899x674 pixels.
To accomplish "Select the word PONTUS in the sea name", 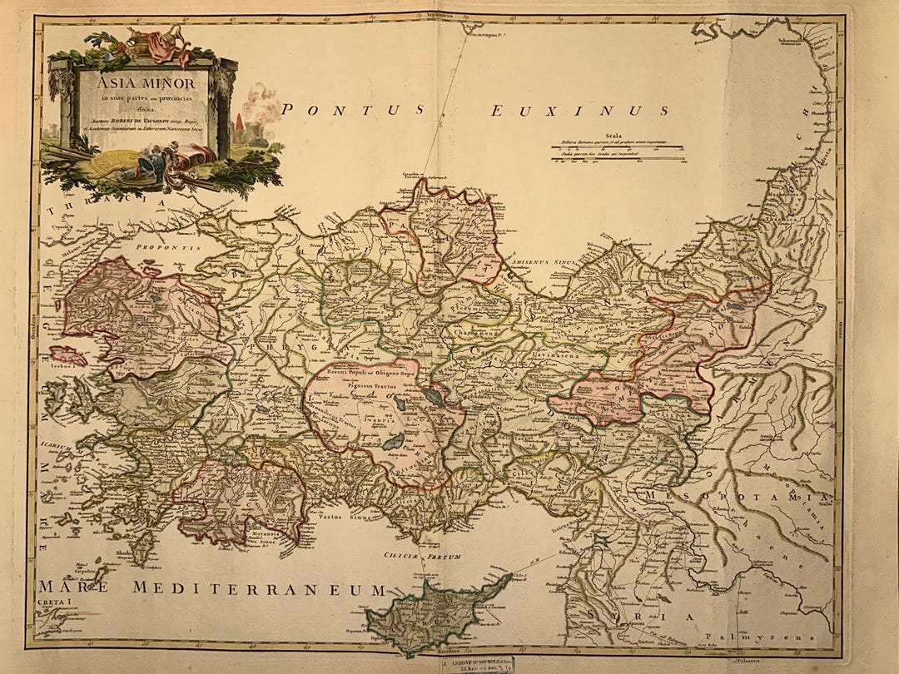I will pyautogui.click(x=353, y=109).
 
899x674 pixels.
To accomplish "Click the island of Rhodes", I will pyautogui.click(x=143, y=545).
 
